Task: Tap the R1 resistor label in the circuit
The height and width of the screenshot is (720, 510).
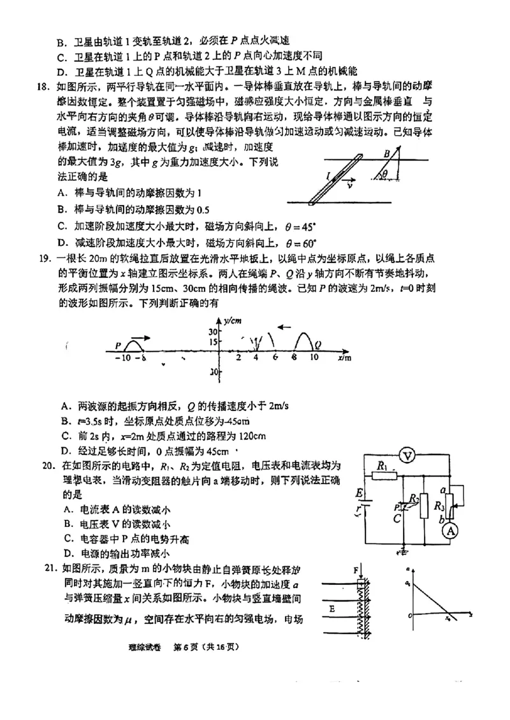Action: click(x=382, y=467)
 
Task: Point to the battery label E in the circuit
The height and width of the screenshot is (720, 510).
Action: click(x=360, y=493)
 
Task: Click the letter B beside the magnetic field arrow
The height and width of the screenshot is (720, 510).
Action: click(x=386, y=154)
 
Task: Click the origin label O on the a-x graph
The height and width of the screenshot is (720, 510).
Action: click(x=411, y=616)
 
